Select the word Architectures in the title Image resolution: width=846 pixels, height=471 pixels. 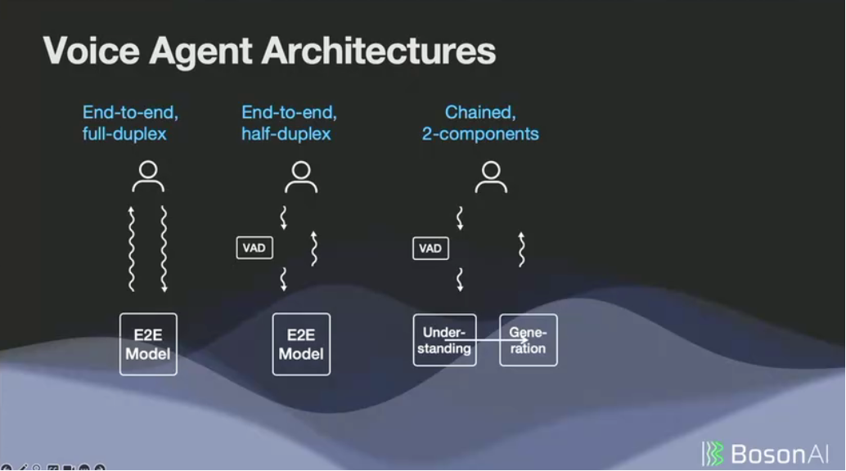(x=379, y=51)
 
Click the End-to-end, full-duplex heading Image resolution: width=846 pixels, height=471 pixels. (x=124, y=123)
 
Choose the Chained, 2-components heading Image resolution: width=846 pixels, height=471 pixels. (x=480, y=123)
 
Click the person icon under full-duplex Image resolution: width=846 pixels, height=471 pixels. (x=148, y=177)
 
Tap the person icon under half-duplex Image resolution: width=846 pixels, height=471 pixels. (x=301, y=177)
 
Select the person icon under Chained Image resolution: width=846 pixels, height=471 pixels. (x=491, y=177)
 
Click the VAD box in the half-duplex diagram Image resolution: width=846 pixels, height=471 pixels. (x=254, y=248)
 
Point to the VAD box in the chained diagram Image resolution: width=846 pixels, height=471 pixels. (x=430, y=248)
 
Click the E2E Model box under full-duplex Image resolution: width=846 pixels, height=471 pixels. (x=148, y=344)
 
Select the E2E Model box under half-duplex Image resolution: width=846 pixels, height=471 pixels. (x=301, y=344)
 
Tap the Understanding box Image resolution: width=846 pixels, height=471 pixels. (x=444, y=340)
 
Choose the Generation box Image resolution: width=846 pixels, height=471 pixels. (x=529, y=340)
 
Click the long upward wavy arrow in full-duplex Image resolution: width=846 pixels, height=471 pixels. (x=132, y=249)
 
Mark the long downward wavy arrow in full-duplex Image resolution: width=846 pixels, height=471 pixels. (x=164, y=249)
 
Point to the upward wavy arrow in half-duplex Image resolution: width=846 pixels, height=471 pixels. (x=314, y=249)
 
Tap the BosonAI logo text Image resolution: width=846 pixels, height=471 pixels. (x=778, y=453)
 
